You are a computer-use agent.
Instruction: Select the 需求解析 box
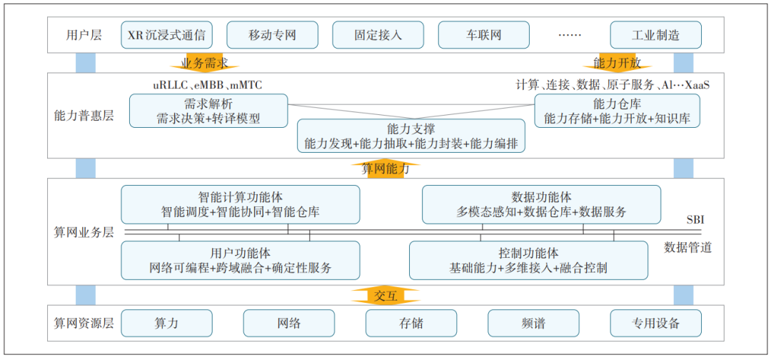pyautogui.click(x=208, y=111)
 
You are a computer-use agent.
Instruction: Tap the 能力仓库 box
pyautogui.click(x=617, y=111)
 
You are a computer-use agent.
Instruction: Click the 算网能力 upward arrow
pyautogui.click(x=385, y=169)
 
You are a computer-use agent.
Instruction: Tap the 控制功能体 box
pyautogui.click(x=528, y=260)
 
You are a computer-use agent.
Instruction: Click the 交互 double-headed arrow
pyautogui.click(x=385, y=296)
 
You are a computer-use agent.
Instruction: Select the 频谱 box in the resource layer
pyautogui.click(x=533, y=323)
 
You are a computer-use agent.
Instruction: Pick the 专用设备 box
pyautogui.click(x=655, y=323)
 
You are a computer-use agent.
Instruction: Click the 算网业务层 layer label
pyautogui.click(x=84, y=232)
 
